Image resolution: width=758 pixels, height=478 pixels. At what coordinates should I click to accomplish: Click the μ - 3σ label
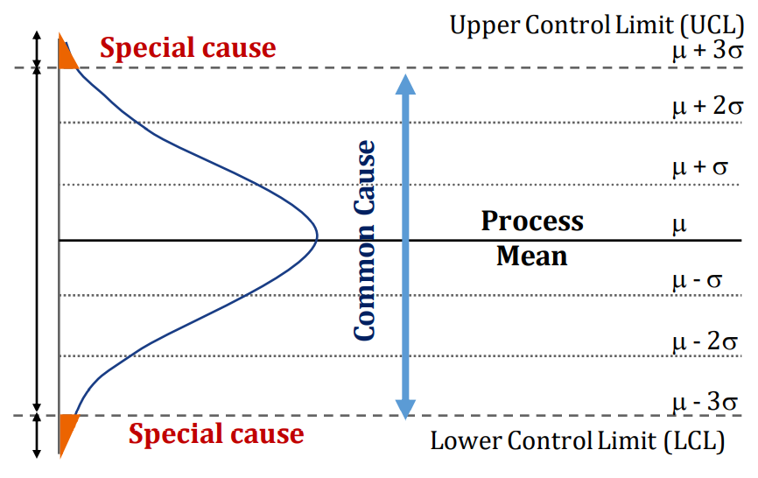pyautogui.click(x=706, y=402)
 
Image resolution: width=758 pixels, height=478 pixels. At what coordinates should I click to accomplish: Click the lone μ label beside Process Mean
pyautogui.click(x=678, y=225)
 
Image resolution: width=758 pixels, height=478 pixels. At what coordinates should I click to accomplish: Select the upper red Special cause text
pyautogui.click(x=187, y=47)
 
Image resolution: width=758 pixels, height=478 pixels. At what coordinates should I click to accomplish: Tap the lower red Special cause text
pyautogui.click(x=216, y=433)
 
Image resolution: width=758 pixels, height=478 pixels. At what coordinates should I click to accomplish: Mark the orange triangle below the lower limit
pyautogui.click(x=67, y=430)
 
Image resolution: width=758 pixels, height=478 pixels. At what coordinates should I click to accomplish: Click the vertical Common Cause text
pyautogui.click(x=365, y=241)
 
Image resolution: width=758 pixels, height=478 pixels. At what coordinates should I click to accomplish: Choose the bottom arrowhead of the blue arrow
pyautogui.click(x=404, y=408)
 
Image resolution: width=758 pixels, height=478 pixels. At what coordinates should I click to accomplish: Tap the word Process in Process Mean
pyautogui.click(x=531, y=221)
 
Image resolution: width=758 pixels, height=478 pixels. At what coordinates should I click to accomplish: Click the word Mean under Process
pyautogui.click(x=531, y=257)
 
